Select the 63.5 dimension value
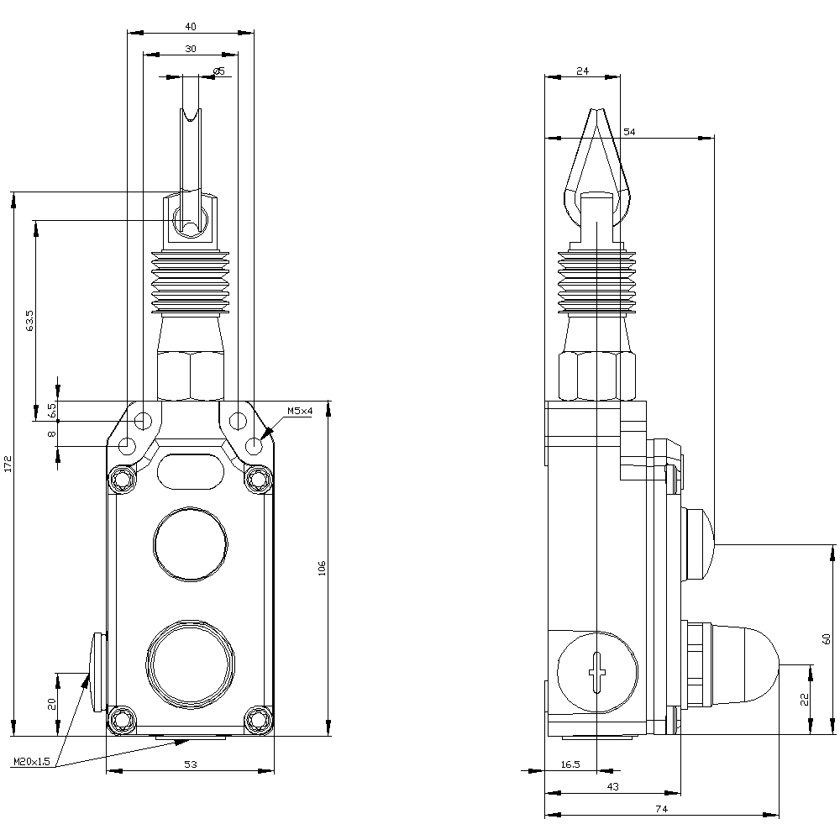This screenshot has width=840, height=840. (30, 321)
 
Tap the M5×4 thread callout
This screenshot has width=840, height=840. (300, 411)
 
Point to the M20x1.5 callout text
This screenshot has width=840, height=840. (33, 762)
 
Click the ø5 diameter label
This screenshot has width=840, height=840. (218, 71)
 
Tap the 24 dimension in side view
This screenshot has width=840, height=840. (582, 71)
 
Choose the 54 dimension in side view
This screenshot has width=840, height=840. (629, 132)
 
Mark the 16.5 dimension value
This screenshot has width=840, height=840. (570, 764)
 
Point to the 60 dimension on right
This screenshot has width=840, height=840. (827, 638)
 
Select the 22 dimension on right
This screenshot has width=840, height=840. (805, 699)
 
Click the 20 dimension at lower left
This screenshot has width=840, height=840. (51, 704)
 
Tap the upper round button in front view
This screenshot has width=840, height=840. (190, 543)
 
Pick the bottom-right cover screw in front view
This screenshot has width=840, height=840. (258, 719)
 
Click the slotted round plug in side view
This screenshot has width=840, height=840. (596, 673)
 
